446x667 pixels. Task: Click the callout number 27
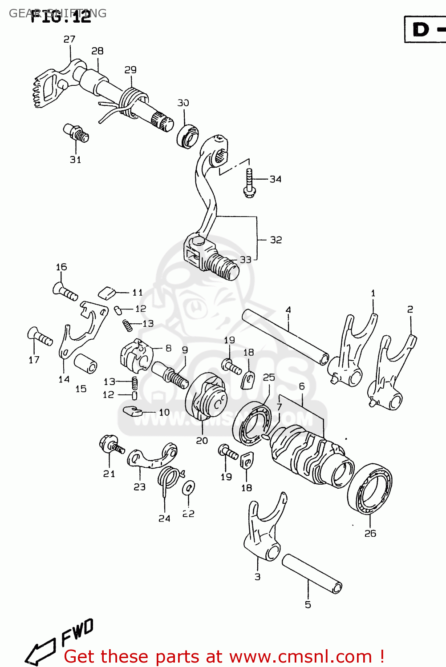click(69, 39)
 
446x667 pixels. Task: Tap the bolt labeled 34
click(249, 183)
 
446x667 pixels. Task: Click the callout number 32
click(276, 240)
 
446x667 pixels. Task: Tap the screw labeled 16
click(65, 292)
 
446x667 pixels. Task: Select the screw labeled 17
click(40, 337)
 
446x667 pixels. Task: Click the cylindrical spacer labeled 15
click(85, 363)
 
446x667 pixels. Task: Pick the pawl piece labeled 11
click(106, 293)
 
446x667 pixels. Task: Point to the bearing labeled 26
click(370, 489)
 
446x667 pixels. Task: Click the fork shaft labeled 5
click(312, 573)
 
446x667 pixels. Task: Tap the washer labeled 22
click(188, 487)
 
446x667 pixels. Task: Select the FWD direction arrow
click(58, 643)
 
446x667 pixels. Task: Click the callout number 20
click(202, 440)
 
